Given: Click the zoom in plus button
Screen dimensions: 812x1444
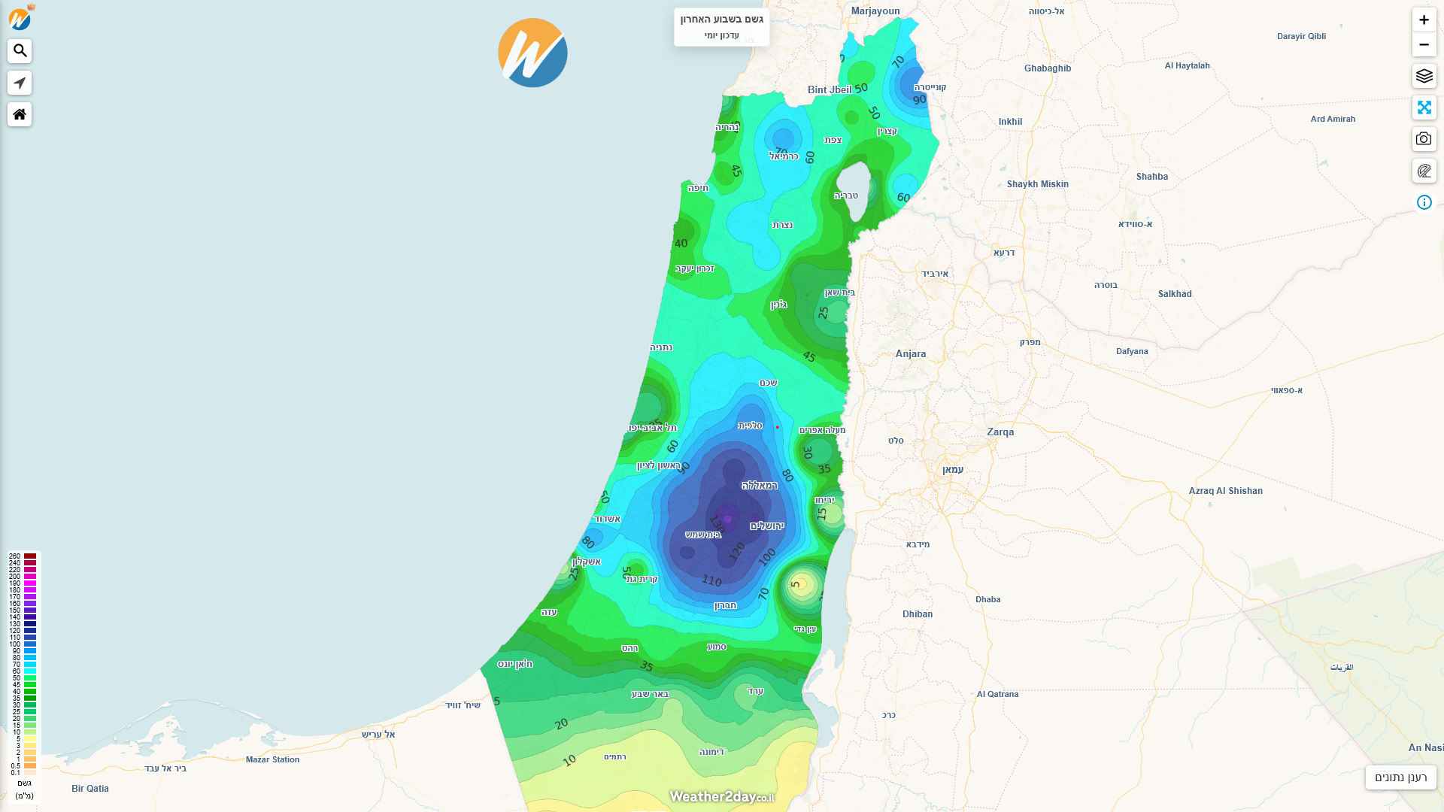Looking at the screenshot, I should [1424, 20].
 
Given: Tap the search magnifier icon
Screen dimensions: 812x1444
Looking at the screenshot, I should [20, 51].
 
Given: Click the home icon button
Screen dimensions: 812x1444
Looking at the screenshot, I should [20, 114].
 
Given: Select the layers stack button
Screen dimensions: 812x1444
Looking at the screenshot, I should [1424, 76].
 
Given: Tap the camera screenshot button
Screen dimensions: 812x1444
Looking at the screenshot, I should [1424, 139].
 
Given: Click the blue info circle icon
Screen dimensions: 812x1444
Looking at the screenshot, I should [1424, 202].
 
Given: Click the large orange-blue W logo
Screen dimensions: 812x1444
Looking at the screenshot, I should [532, 53].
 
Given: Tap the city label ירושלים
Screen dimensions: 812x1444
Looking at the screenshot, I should [766, 526].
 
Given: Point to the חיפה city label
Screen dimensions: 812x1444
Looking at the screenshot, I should [698, 188].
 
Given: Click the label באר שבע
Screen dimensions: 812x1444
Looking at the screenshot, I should [650, 694].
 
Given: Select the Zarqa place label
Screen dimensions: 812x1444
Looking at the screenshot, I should [1000, 432].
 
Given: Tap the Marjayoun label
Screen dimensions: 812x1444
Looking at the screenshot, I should [875, 11].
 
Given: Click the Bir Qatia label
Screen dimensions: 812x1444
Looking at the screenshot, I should [90, 789].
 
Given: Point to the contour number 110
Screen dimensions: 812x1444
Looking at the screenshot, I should [711, 580].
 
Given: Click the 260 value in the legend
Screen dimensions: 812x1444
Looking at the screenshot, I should [15, 556].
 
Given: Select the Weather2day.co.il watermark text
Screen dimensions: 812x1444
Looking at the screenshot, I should [721, 796].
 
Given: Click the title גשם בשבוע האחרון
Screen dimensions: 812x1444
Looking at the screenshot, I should [721, 19].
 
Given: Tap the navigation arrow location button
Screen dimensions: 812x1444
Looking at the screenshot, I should [20, 83].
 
